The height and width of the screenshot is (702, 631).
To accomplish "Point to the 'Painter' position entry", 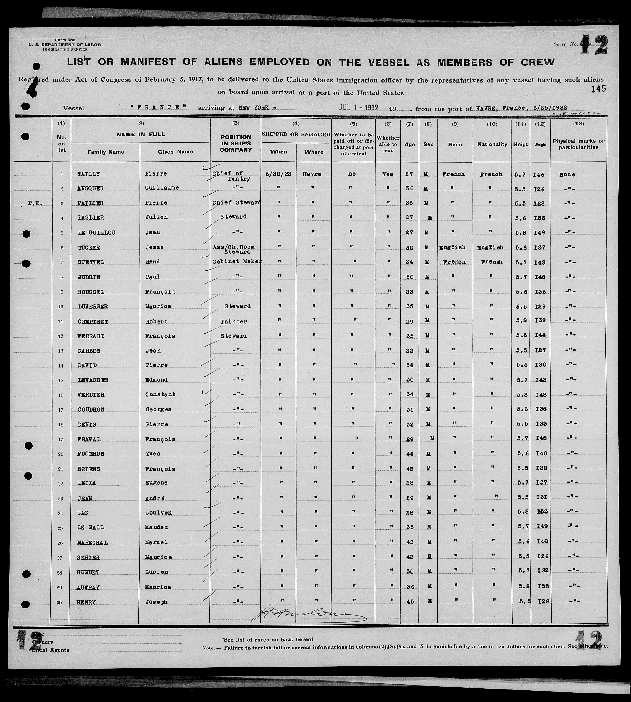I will click(234, 322).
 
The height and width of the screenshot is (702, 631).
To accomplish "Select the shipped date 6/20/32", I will click(278, 174).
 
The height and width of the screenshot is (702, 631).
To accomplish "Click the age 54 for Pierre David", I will click(409, 365).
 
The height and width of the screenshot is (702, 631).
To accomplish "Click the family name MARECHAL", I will click(92, 542).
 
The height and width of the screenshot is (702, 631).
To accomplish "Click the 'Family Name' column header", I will click(105, 152).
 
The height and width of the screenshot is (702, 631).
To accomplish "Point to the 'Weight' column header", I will click(540, 144).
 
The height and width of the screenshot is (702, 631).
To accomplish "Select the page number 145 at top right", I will click(598, 89).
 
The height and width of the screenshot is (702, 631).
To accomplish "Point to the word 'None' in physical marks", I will click(567, 175).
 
